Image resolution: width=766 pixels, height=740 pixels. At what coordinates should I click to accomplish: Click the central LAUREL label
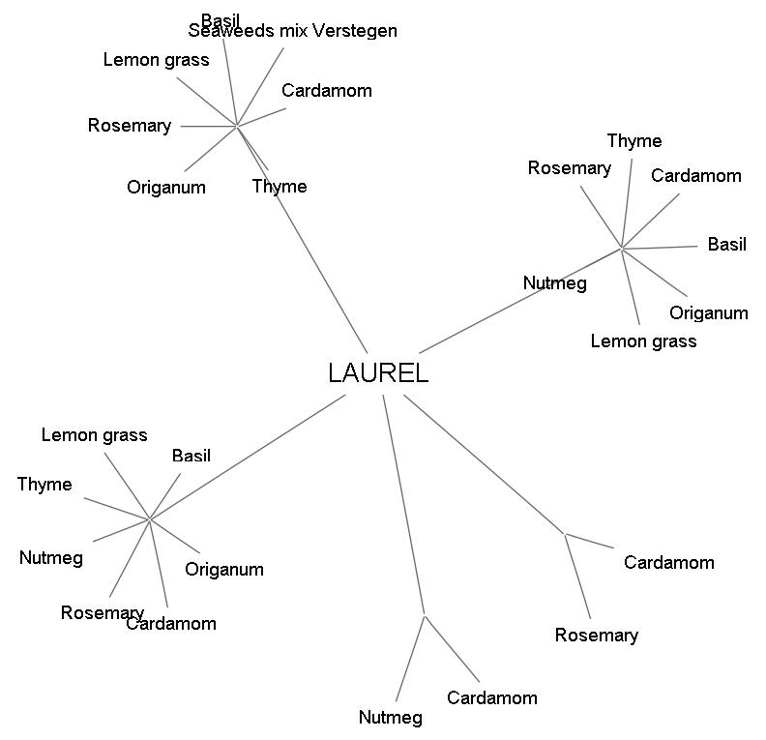(377, 373)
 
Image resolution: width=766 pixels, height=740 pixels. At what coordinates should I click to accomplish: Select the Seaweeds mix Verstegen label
(292, 31)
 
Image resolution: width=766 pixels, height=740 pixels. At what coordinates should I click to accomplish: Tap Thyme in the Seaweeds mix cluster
(280, 187)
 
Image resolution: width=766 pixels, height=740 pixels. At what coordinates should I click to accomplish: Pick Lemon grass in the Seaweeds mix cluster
(156, 60)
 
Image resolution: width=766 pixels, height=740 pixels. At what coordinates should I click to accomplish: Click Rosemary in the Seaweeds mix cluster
(129, 126)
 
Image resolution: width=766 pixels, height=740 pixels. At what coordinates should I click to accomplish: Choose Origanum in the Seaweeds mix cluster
(166, 188)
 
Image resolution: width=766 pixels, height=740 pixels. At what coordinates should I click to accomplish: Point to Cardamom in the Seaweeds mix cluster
(327, 91)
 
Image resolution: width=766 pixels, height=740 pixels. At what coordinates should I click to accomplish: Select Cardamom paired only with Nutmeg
(492, 698)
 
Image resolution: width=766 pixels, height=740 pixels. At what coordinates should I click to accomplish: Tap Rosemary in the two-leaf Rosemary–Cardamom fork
(597, 636)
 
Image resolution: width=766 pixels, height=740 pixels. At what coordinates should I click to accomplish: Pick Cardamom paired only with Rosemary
(669, 563)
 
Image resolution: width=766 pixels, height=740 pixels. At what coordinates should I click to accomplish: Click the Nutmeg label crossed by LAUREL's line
(555, 283)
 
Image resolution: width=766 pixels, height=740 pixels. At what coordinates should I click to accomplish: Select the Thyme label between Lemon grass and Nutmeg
(44, 485)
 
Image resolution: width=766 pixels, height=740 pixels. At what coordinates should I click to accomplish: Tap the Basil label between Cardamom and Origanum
(727, 245)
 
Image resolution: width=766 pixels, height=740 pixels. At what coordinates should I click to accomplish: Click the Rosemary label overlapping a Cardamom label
(102, 613)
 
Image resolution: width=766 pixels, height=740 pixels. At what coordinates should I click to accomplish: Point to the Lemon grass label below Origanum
(643, 341)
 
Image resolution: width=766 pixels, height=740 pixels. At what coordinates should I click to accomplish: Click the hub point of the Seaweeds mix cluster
(237, 125)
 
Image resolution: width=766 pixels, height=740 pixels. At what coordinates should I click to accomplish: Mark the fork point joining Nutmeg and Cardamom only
(425, 614)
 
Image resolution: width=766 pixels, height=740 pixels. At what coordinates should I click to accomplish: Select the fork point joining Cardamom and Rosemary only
(565, 533)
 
